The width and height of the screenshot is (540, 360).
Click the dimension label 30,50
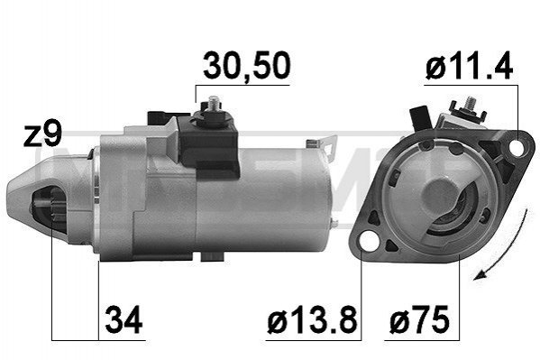point(247,66)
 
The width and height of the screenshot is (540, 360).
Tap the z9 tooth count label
point(42,134)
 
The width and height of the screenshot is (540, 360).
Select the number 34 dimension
point(124,319)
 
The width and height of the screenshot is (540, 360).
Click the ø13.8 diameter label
point(312,319)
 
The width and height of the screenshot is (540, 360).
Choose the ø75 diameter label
point(419,319)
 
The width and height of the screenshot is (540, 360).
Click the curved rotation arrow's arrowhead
point(480,274)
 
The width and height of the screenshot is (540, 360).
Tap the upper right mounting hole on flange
point(517,147)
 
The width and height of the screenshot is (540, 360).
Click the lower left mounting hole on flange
point(367,240)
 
